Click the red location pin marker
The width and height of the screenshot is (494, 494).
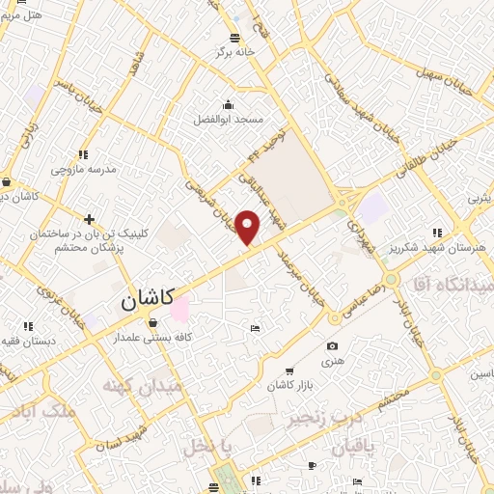249,228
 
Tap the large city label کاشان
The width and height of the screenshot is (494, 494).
148,301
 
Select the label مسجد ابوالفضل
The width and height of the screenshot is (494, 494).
227,119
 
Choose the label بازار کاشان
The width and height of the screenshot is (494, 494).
289,386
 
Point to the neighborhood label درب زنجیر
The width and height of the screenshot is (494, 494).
317,421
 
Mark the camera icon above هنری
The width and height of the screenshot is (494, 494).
332,346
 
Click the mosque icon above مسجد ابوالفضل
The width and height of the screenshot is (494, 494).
228,105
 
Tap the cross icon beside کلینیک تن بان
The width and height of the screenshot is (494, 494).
90,219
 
